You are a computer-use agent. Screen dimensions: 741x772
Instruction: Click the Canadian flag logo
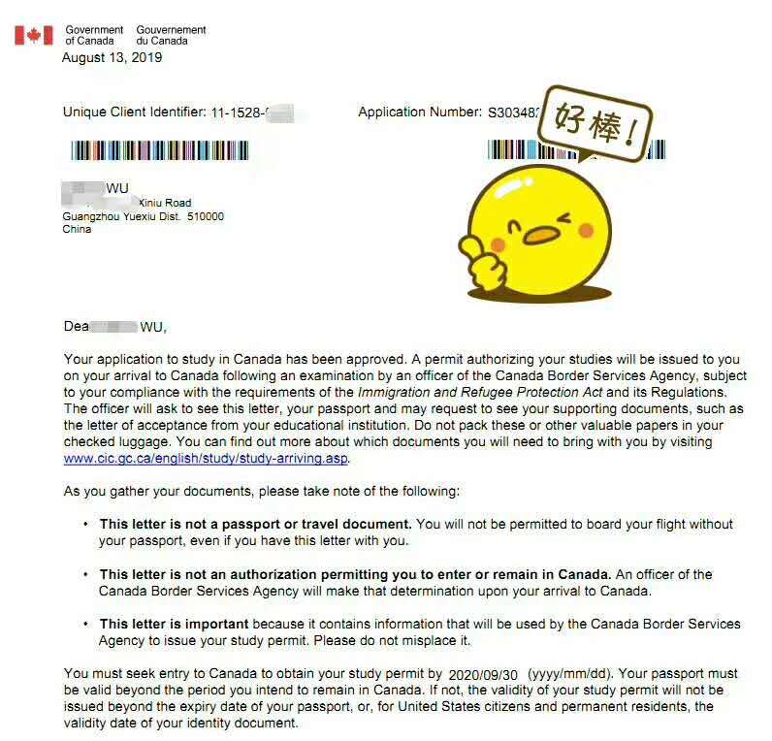[x=33, y=36]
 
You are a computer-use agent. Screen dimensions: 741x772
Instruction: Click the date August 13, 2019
[x=112, y=57]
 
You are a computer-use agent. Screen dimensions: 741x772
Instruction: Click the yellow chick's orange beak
[x=540, y=234]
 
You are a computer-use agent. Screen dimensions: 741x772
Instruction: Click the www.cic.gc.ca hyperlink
[x=206, y=459]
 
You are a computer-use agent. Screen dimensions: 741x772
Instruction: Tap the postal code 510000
[x=206, y=216]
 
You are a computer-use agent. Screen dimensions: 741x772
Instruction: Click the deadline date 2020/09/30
[x=482, y=673]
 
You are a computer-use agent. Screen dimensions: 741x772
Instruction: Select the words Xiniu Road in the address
[x=165, y=203]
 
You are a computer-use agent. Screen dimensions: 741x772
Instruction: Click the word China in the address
[x=77, y=230]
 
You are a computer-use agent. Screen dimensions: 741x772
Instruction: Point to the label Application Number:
[x=419, y=113]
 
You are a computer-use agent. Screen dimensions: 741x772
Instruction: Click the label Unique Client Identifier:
[x=134, y=113]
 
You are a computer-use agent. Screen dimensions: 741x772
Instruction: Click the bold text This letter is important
[x=174, y=624]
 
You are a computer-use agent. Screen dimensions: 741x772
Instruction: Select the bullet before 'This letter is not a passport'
[x=85, y=524]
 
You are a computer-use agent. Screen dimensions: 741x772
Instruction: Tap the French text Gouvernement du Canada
[x=171, y=36]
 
